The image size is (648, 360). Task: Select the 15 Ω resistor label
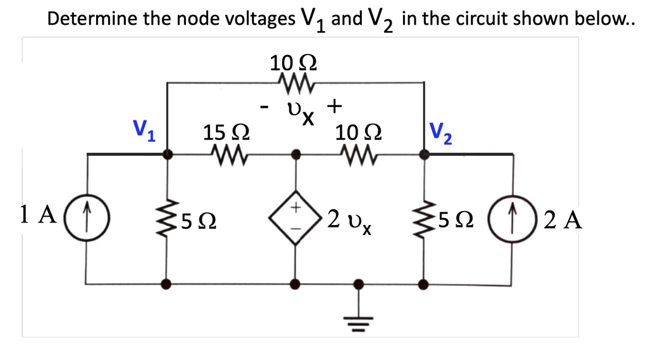225,133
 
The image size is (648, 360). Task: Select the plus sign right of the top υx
335,104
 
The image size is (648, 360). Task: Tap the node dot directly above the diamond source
294,153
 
